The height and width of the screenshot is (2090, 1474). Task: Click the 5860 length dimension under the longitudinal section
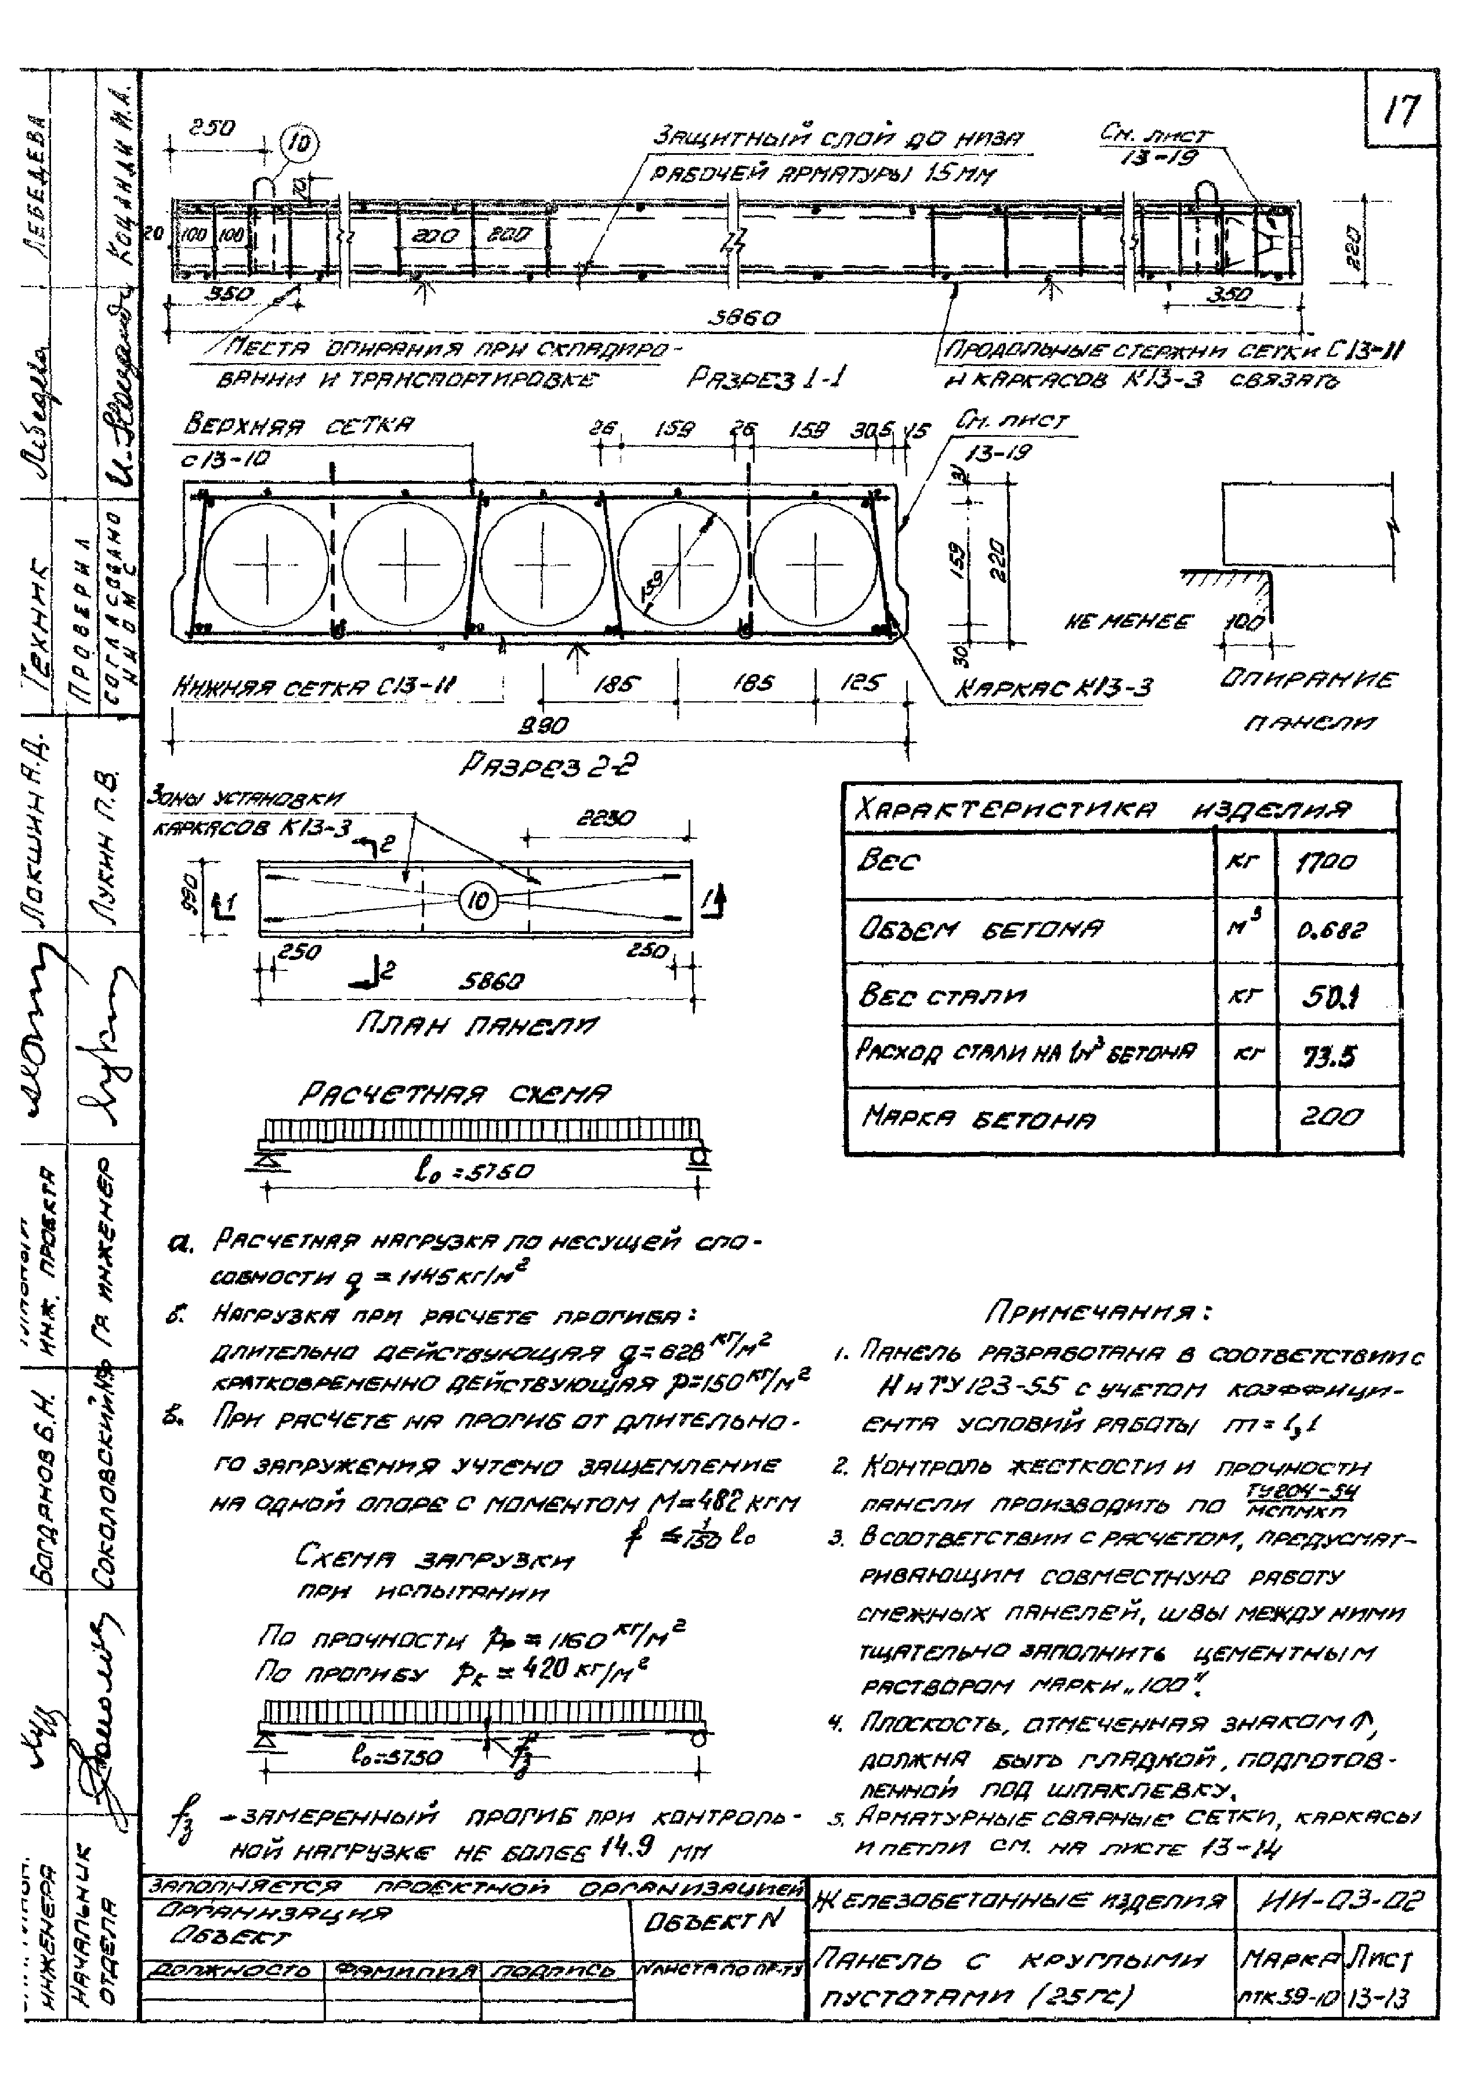745,318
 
